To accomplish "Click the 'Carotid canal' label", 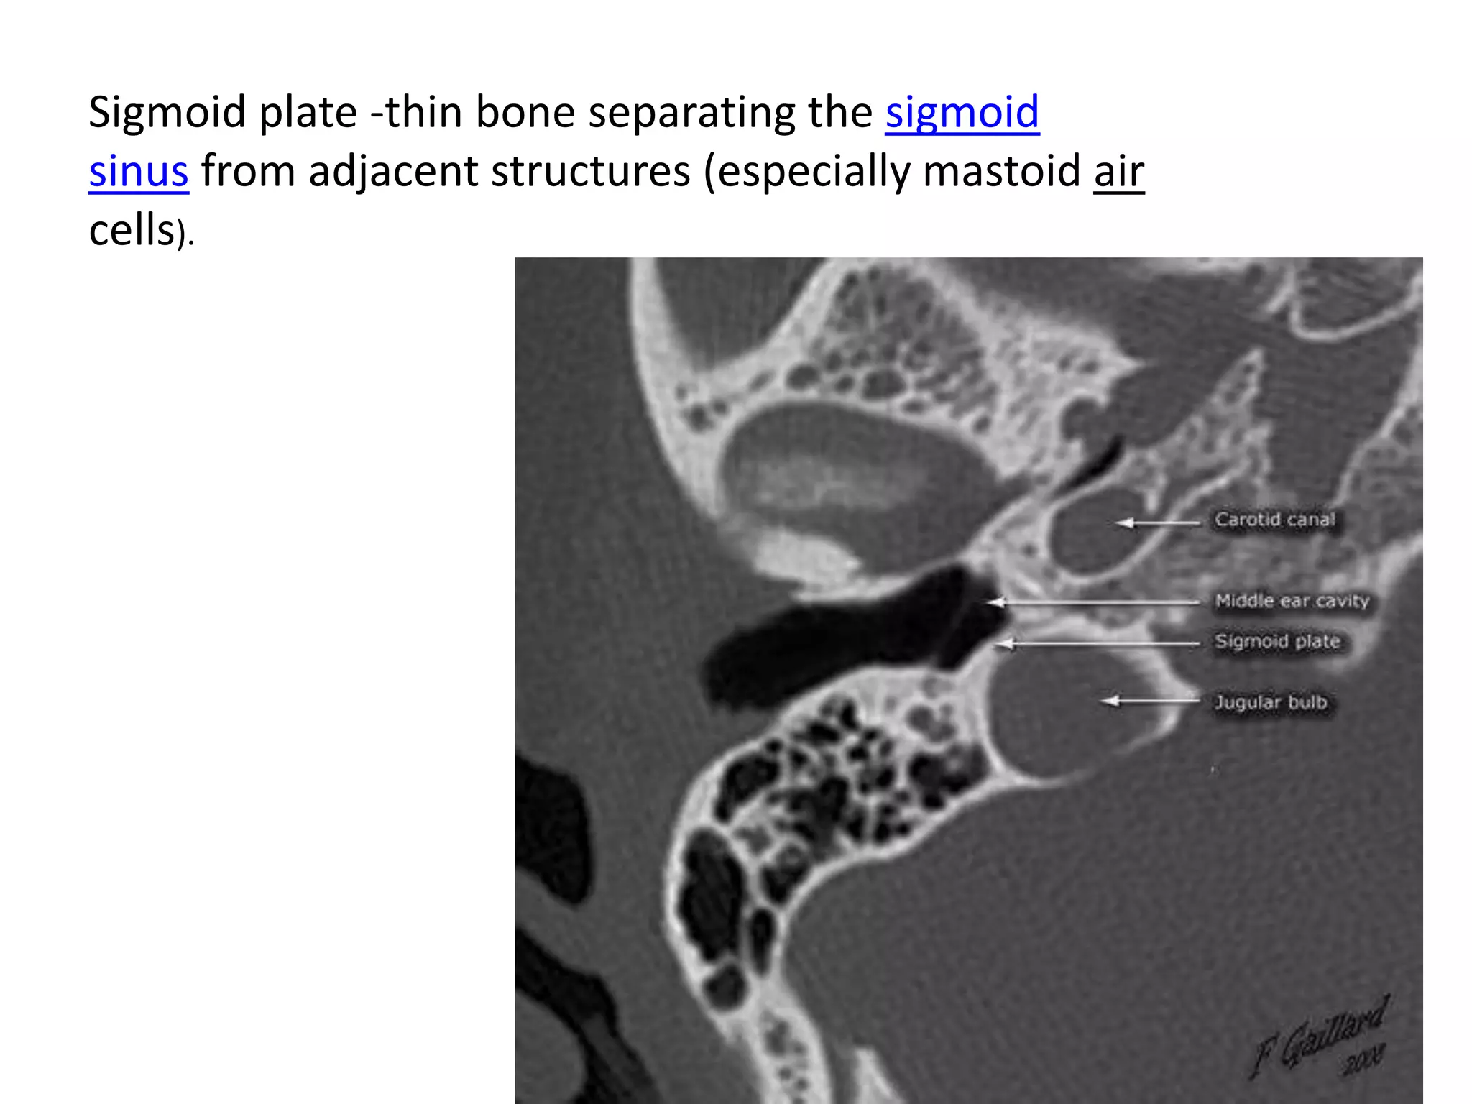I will click(x=1274, y=520).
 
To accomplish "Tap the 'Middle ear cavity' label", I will click(x=1292, y=601).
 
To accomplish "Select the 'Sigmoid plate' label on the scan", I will click(x=1277, y=641).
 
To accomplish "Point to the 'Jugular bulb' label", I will click(x=1270, y=701).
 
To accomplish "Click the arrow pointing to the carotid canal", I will click(x=1158, y=523).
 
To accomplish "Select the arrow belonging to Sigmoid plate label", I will click(x=1100, y=644).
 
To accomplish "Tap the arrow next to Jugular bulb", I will click(x=1150, y=700).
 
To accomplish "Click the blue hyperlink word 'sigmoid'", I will click(x=962, y=113).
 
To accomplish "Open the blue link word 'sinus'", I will click(x=139, y=172).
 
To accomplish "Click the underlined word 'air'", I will click(x=1118, y=172).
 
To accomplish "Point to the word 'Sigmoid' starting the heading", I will click(x=166, y=113).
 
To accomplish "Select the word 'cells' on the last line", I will click(x=132, y=231).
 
